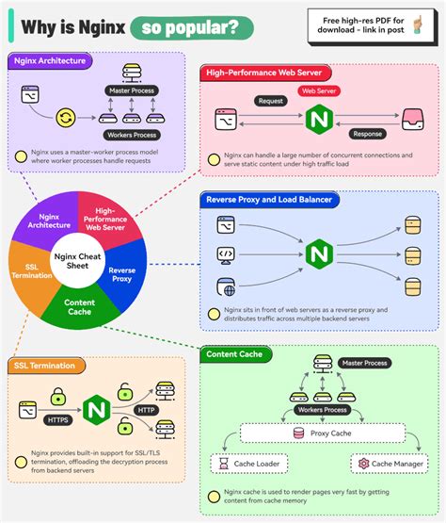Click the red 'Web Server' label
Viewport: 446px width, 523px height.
[x=318, y=92]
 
